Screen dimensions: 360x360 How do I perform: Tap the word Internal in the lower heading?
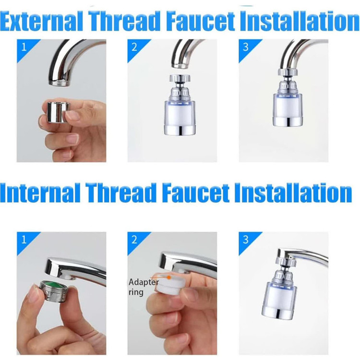point(41,192)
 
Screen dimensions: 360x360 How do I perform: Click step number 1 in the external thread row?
point(24,48)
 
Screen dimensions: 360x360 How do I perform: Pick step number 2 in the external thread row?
point(134,48)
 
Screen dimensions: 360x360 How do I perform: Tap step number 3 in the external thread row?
point(246,48)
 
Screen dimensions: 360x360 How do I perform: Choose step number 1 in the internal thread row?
point(24,240)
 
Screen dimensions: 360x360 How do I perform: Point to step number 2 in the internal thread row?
point(134,240)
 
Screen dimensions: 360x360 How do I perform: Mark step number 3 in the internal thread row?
point(246,240)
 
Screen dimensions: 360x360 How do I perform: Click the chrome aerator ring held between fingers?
point(58,112)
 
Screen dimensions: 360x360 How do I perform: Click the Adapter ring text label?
point(143,287)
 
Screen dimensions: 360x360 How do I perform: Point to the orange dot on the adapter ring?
point(169,277)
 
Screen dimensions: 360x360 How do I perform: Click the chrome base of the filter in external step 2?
point(180,131)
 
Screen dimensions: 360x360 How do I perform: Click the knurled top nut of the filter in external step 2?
point(180,79)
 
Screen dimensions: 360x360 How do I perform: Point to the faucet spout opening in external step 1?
point(59,83)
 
